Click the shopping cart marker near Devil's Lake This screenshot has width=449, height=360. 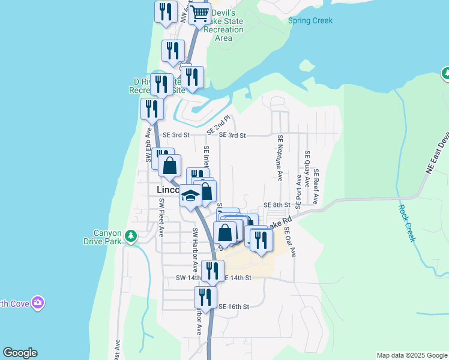click(200, 13)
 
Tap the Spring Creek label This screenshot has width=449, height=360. click(310, 20)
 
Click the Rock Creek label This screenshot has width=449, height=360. click(407, 223)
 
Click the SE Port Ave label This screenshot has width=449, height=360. click(298, 189)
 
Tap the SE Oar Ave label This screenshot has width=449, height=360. click(289, 242)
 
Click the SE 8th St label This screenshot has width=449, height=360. click(276, 205)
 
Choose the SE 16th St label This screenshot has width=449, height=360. click(233, 307)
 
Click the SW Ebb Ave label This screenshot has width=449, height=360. click(148, 146)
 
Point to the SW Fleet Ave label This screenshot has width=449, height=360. click(161, 218)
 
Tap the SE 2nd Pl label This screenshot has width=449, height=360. click(218, 125)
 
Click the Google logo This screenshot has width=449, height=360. click(20, 353)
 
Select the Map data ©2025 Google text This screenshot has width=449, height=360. click(411, 355)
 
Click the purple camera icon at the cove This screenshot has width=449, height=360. click(38, 302)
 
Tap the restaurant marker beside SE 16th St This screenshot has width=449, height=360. click(205, 298)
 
